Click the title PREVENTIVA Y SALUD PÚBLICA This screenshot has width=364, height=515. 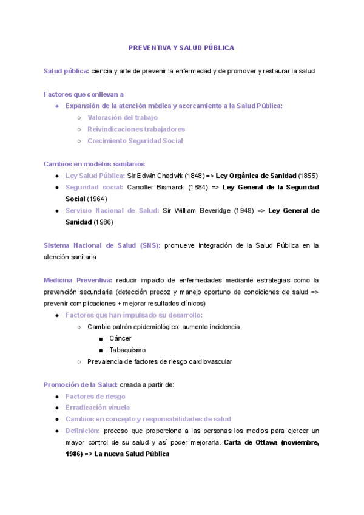point(181,47)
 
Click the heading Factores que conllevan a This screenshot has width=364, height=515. point(84,94)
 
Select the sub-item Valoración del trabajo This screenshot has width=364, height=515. point(123,117)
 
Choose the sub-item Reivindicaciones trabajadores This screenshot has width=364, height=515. point(136,129)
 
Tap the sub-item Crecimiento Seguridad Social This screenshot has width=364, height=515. point(135,140)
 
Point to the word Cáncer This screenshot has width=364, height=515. point(120,338)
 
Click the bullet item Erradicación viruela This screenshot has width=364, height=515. point(98,408)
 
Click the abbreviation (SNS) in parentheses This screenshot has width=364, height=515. point(150,245)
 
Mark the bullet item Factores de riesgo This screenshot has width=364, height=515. point(95,396)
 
